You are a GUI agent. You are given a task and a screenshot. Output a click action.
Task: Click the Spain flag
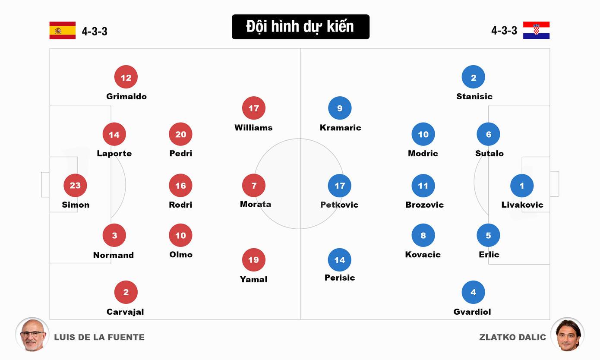pyautogui.click(x=62, y=30)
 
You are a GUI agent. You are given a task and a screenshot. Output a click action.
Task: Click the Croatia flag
pyautogui.click(x=536, y=30)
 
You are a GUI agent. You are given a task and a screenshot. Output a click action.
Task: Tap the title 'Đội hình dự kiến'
pyautogui.click(x=300, y=27)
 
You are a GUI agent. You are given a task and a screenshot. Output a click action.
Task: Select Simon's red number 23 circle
pyautogui.click(x=75, y=185)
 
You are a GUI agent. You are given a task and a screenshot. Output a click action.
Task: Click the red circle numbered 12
pyautogui.click(x=126, y=77)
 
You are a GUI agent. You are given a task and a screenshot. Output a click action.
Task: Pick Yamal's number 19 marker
pyautogui.click(x=254, y=260)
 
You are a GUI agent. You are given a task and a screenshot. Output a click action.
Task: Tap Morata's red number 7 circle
pyautogui.click(x=254, y=186)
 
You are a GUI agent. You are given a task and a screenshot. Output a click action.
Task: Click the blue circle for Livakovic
pyautogui.click(x=522, y=186)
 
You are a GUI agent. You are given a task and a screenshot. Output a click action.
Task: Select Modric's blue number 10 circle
pyautogui.click(x=423, y=134)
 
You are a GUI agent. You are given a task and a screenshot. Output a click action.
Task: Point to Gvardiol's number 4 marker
pyautogui.click(x=473, y=292)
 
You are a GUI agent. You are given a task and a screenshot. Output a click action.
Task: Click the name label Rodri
pyautogui.click(x=180, y=205)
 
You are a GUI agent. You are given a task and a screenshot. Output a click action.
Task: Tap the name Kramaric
pyautogui.click(x=340, y=127)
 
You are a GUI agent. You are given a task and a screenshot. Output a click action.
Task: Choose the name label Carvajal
pyautogui.click(x=125, y=312)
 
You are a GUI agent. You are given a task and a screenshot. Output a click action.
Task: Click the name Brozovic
pyautogui.click(x=424, y=205)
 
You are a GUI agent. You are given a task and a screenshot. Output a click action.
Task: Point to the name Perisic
pyautogui.click(x=340, y=278)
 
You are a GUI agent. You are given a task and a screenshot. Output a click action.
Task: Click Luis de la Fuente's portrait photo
pyautogui.click(x=32, y=334)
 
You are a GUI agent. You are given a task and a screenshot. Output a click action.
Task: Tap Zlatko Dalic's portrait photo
pyautogui.click(x=567, y=334)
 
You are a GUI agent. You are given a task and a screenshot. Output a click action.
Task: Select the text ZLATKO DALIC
pyautogui.click(x=512, y=337)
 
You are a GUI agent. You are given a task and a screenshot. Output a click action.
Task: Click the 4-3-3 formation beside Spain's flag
pyautogui.click(x=95, y=31)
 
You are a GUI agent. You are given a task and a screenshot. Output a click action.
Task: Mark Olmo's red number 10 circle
pyautogui.click(x=180, y=235)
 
